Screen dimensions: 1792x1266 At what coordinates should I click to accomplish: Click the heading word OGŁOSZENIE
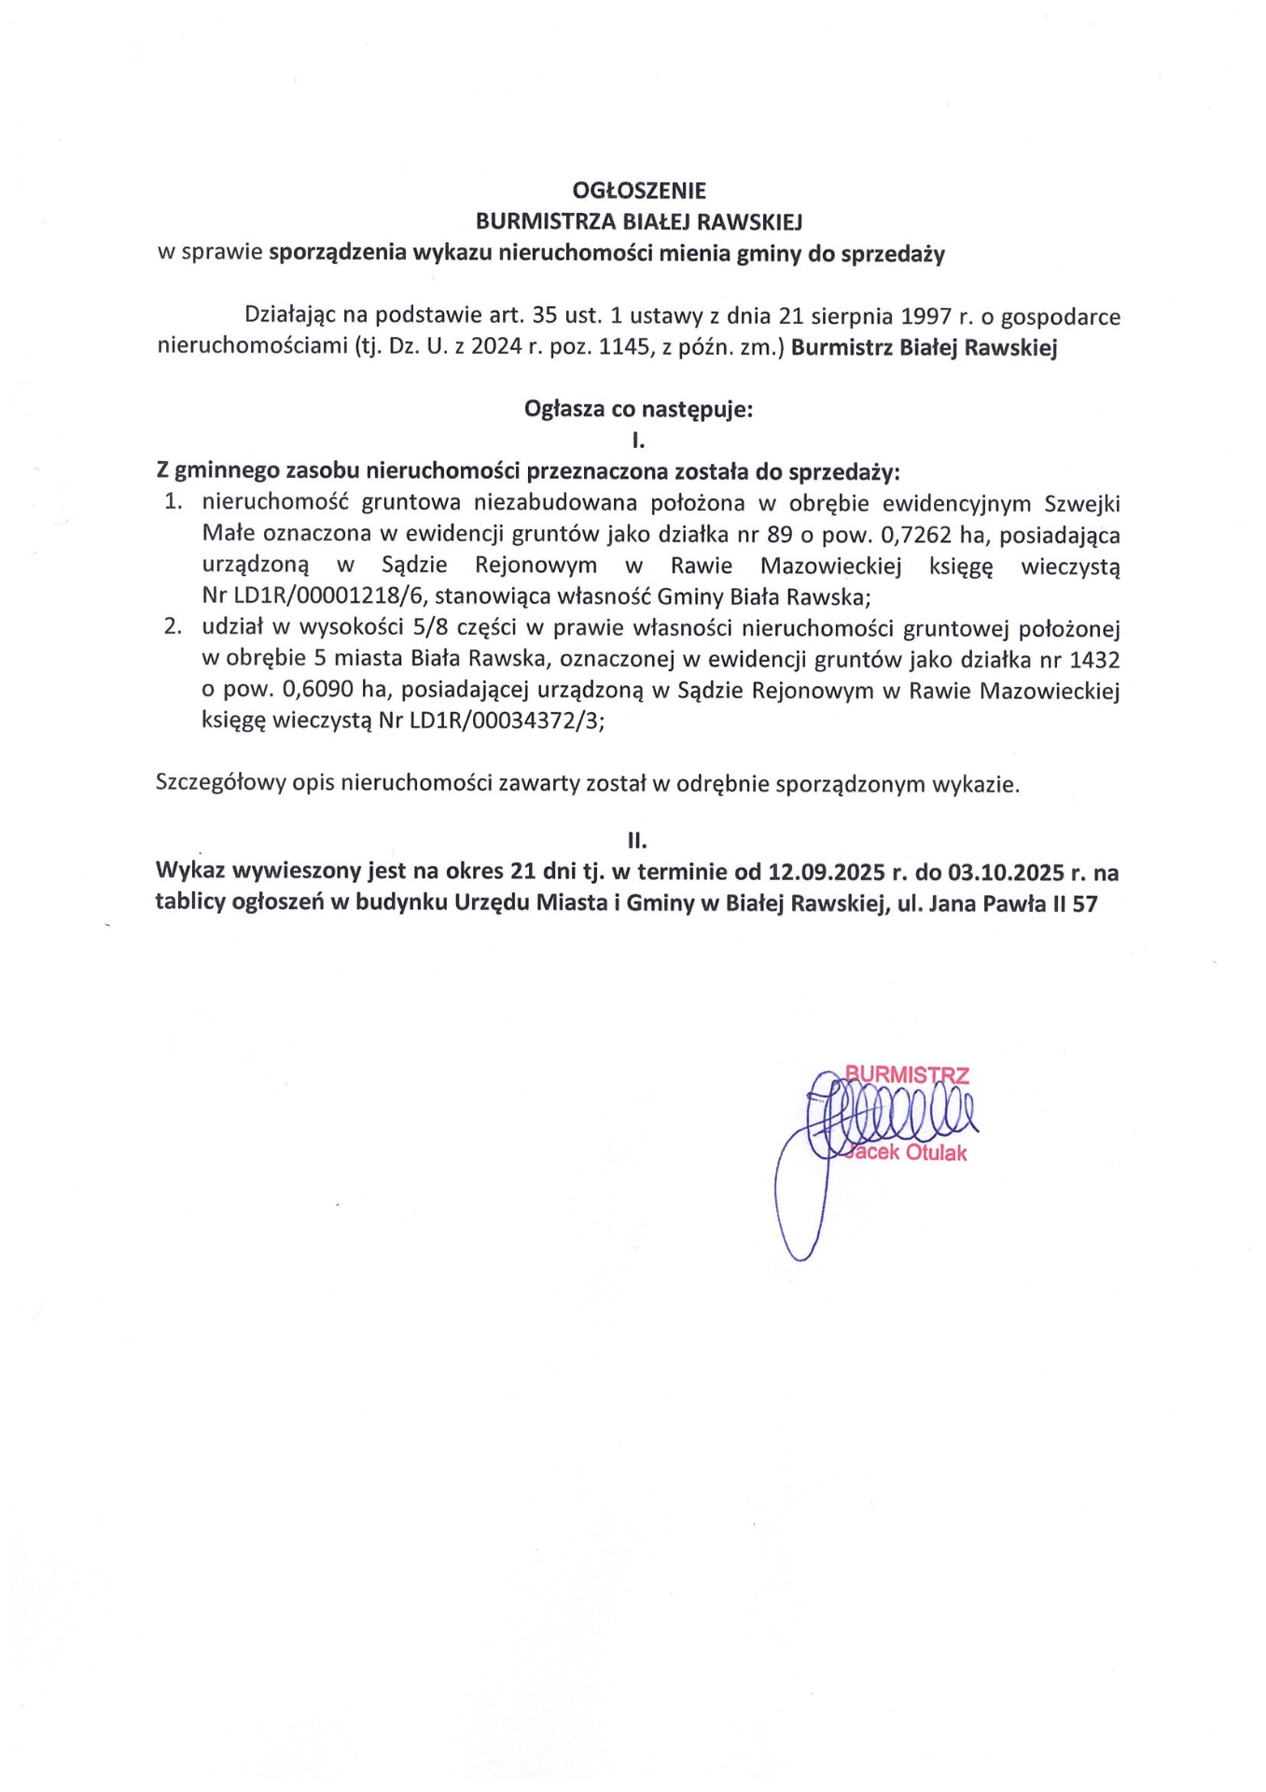[639, 190]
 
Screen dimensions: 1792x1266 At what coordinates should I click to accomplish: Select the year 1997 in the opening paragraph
[925, 316]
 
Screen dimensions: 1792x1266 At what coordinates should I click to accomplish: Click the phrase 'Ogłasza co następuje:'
[638, 409]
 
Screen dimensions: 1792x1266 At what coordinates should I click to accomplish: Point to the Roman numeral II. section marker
[637, 840]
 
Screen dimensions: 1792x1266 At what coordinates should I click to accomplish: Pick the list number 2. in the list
[173, 626]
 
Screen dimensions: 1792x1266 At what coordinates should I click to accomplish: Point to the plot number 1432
[1094, 660]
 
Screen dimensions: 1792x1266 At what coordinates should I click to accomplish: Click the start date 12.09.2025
[826, 873]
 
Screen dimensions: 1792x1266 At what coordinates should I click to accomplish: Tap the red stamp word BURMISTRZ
[907, 1074]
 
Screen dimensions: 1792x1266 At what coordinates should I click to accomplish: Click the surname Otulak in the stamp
[936, 1153]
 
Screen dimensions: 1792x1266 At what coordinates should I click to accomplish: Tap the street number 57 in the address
[1085, 903]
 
